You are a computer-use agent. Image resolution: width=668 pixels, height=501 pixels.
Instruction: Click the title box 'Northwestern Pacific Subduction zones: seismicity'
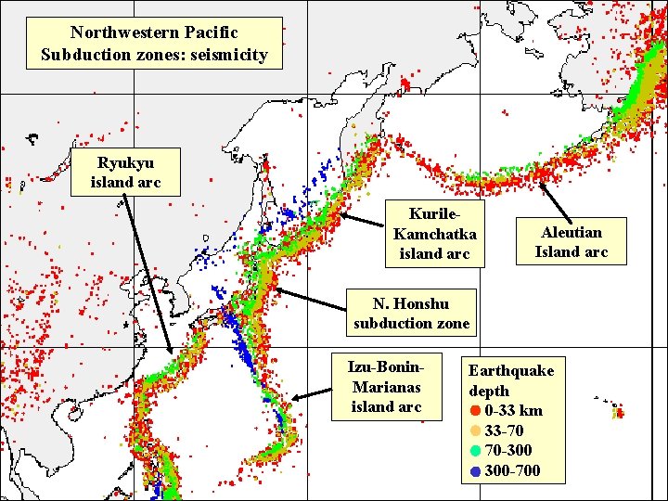154,44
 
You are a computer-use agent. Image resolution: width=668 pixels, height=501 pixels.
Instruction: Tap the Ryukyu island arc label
125,173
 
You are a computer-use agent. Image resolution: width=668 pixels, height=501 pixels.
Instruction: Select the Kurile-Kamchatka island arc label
434,233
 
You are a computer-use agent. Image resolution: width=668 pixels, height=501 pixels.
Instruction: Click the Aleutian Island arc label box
572,241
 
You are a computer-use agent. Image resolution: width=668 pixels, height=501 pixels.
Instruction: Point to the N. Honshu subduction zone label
411,314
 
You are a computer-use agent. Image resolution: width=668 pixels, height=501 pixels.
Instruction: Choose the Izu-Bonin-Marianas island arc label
386,386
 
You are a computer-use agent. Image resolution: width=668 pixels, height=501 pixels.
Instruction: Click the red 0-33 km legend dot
475,411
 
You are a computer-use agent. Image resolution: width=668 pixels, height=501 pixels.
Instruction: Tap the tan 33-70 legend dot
475,430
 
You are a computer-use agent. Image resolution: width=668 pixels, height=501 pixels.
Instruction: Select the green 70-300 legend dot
475,451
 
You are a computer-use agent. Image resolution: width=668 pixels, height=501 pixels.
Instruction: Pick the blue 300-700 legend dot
475,470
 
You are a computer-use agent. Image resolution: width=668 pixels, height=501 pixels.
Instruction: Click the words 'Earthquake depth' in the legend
510,380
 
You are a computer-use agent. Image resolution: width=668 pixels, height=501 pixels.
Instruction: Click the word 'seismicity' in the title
226,55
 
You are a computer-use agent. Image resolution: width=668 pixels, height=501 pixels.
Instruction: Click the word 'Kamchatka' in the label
434,234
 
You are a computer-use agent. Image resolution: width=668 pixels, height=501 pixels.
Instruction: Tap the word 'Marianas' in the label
386,387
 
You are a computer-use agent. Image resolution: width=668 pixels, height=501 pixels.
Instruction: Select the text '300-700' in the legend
512,470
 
